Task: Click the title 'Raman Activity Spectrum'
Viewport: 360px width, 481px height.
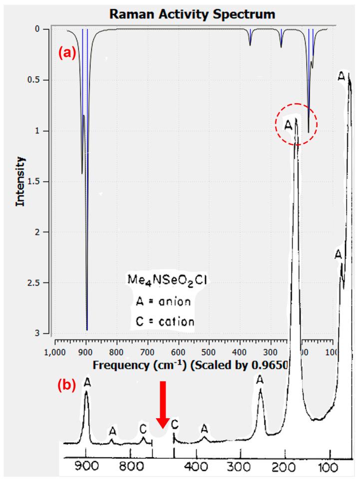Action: coord(192,14)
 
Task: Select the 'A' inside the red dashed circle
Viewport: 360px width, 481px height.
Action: coord(288,125)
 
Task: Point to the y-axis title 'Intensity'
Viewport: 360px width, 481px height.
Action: coord(20,181)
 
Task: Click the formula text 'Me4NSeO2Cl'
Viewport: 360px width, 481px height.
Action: coord(165,282)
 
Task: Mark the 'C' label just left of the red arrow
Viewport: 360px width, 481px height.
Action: coord(143,428)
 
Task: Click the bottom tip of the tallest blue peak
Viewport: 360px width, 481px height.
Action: coord(87,330)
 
